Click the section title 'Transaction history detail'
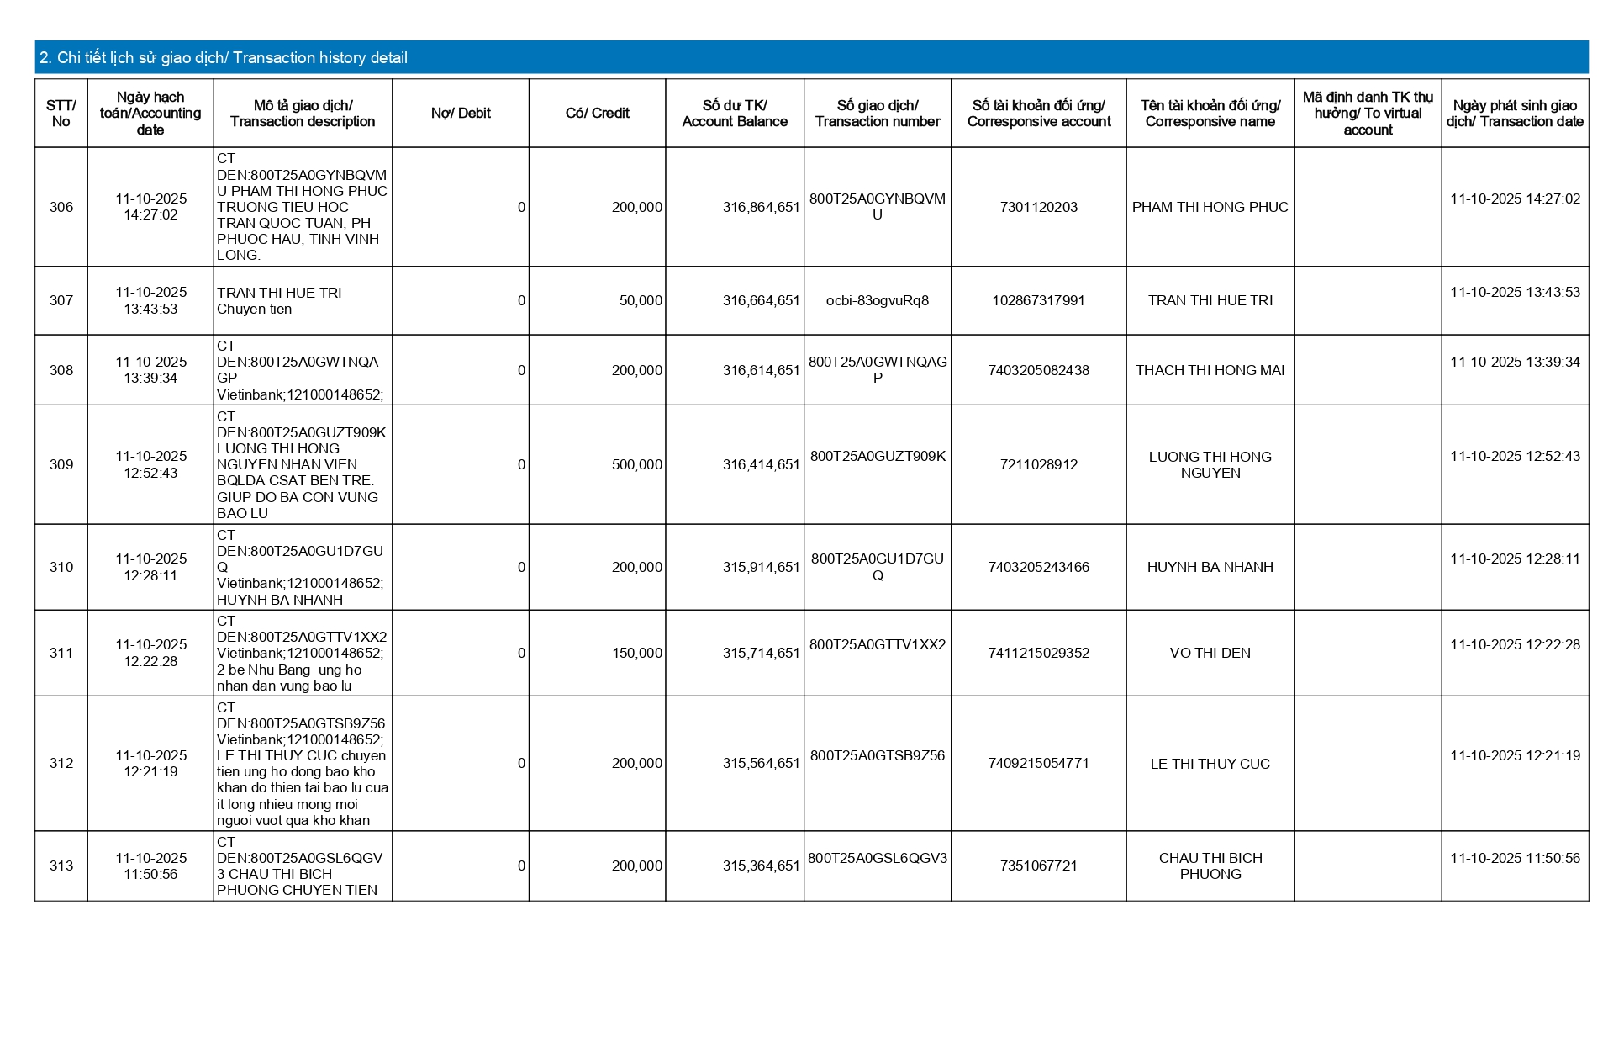point(224,58)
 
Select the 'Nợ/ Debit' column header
point(461,114)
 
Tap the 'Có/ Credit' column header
point(597,114)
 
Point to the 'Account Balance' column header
point(735,114)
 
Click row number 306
point(61,207)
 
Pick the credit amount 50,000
point(641,301)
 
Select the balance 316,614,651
point(761,370)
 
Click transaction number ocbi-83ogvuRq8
point(877,301)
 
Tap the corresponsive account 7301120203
point(1038,207)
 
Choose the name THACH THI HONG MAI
point(1210,370)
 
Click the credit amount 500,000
point(636,464)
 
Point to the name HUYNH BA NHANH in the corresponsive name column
point(1210,567)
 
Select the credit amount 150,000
point(636,653)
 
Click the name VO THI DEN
point(1210,653)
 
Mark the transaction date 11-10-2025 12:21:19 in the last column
point(1515,755)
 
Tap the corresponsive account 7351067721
point(1038,866)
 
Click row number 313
point(61,866)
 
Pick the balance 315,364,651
point(761,866)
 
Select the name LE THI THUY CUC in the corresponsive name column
point(1210,764)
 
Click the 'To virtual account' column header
point(1368,114)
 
